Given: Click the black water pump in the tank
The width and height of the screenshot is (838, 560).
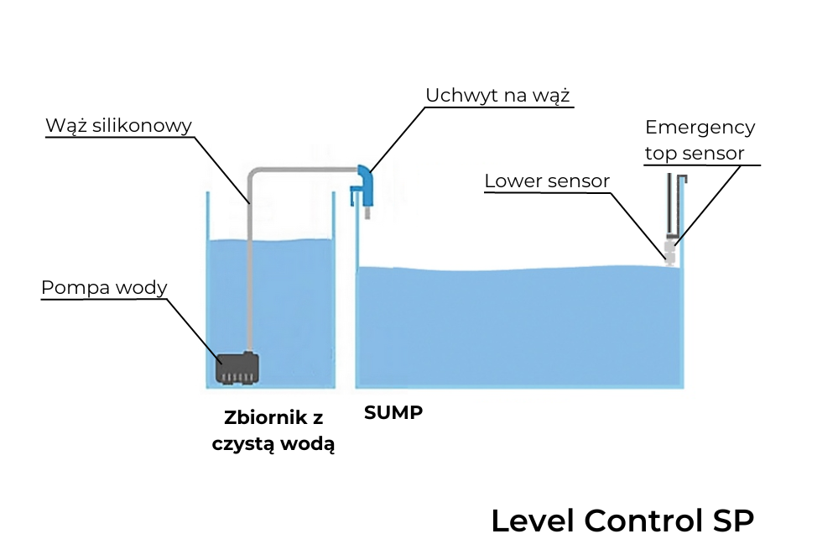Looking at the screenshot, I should (238, 367).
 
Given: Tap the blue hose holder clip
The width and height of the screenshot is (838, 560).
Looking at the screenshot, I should (365, 183).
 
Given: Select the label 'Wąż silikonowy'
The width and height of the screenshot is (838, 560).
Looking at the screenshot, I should (118, 126).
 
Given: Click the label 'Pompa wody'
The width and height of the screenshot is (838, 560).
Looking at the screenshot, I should (104, 288).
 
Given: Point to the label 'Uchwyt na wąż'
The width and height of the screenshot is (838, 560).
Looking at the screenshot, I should (497, 96).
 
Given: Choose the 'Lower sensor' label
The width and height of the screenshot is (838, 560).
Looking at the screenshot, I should (547, 181).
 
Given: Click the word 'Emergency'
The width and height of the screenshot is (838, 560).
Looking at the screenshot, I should (700, 128).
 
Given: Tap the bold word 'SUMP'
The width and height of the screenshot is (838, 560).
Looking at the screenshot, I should (393, 413).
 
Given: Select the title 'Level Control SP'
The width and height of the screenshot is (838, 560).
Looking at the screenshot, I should (622, 521).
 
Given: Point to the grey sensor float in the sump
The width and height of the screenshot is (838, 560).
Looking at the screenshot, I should (670, 250).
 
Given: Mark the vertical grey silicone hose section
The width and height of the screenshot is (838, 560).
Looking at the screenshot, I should (249, 269).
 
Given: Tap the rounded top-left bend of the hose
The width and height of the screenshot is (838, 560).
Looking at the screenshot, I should (253, 173).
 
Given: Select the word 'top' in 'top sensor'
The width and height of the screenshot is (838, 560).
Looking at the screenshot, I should (661, 154).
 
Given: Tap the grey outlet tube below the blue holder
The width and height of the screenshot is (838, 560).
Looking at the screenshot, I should (367, 210).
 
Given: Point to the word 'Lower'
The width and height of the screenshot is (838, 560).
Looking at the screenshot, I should (513, 181).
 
